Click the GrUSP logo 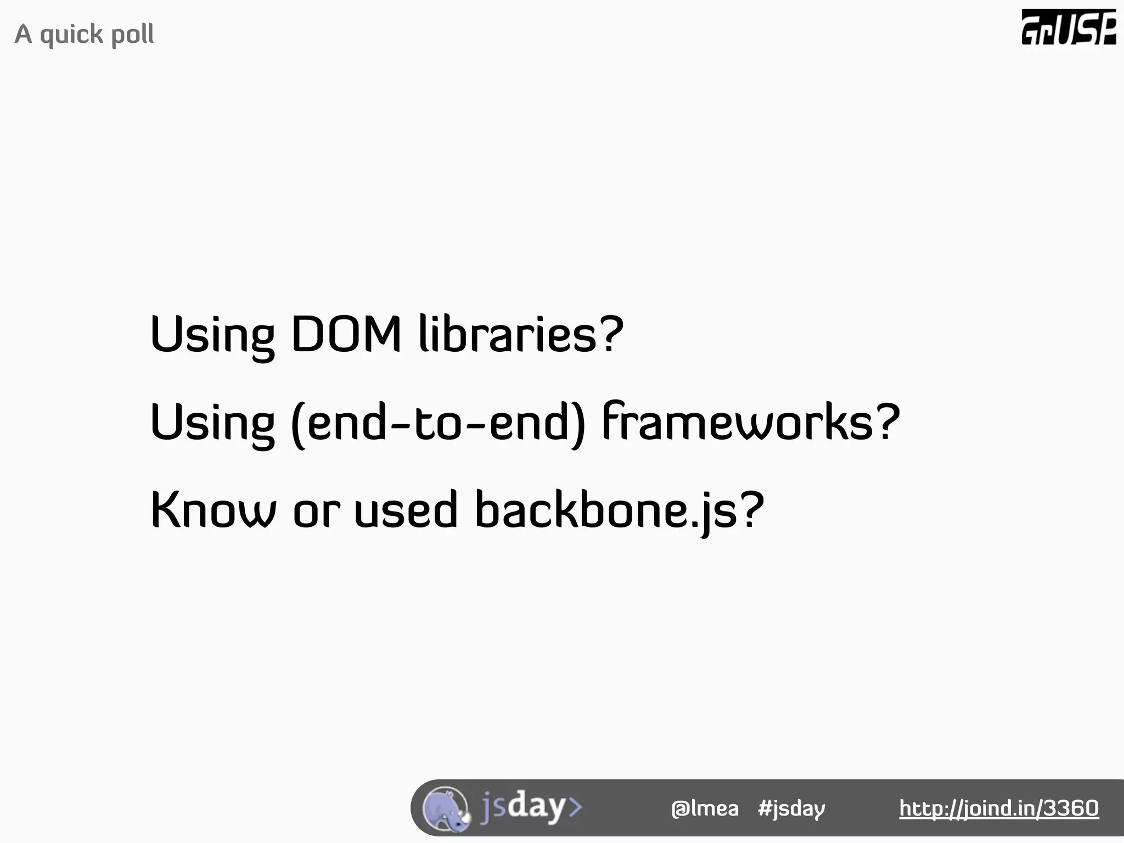point(1068,27)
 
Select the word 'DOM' point(346,334)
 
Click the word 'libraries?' point(521,334)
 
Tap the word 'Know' point(213,510)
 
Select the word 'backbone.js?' point(619,510)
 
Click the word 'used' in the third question point(406,510)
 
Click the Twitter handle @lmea point(705,808)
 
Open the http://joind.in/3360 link point(998,808)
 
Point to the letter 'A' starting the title point(23,34)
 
